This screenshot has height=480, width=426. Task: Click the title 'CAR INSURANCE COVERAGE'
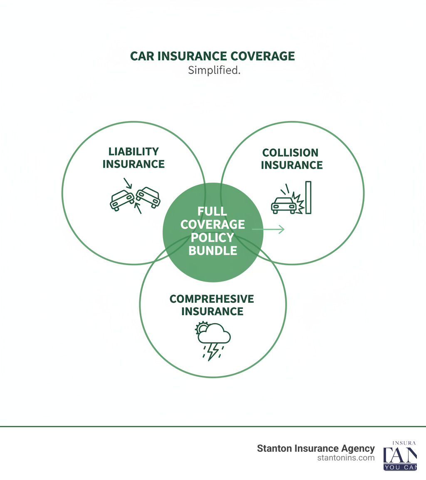coord(213,57)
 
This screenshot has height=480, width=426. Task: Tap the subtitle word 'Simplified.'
coord(214,70)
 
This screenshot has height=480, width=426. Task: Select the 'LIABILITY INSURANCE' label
coord(134,158)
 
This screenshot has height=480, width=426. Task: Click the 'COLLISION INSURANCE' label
coord(292,159)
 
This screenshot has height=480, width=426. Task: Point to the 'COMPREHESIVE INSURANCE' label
coord(212,305)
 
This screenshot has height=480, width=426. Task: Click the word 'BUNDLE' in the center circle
coord(213,251)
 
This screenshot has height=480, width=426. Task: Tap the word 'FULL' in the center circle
coord(212,211)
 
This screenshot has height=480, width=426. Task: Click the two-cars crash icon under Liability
coord(134,196)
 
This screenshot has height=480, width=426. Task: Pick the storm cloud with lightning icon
coord(213,339)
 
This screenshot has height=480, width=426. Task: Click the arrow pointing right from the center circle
coord(268,229)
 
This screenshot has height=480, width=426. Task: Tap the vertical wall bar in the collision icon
coord(308,198)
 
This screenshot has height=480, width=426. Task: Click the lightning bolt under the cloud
coord(213,351)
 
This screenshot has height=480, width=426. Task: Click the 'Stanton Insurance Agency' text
coord(316,448)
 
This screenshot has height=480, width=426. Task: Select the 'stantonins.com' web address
coord(345,458)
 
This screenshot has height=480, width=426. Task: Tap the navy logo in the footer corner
coord(400,456)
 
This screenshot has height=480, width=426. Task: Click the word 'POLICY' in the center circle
coord(213,238)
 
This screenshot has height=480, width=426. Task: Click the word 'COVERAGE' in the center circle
coord(213,225)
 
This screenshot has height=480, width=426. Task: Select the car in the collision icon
coord(283,205)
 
